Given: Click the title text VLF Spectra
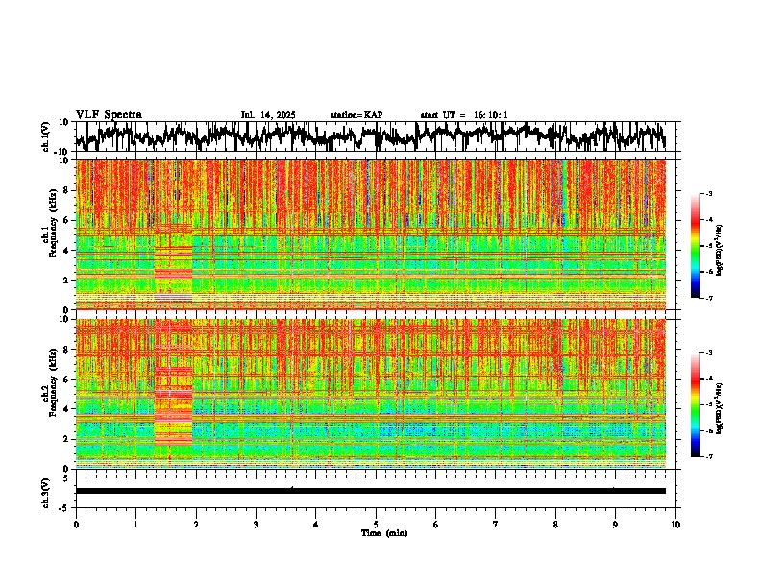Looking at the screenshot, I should point(109,114).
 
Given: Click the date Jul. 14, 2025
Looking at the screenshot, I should point(268,115).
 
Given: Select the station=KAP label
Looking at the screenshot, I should point(356,115).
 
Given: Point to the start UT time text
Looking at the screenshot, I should point(464,115).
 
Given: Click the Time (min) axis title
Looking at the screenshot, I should point(376,532).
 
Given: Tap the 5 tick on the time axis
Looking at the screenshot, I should point(376,524).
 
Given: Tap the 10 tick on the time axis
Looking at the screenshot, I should point(675,524).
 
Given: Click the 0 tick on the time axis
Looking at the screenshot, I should point(76,524).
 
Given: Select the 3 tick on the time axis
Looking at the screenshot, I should point(256,524).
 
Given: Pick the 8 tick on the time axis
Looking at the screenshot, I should point(555,524).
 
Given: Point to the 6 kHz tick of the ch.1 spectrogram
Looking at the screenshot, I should point(65,220).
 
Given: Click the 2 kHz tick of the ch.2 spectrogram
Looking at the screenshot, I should point(65,438).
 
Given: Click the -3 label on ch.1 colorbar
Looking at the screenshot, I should point(708,195).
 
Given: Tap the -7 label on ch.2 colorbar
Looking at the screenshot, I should point(708,457).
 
